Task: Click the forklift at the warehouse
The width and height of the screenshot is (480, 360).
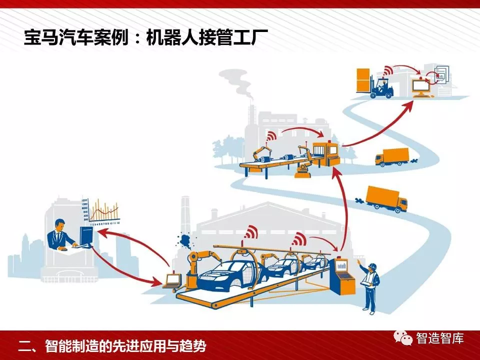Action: pyautogui.click(x=382, y=87)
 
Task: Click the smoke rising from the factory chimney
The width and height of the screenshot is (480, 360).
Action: pyautogui.click(x=240, y=82)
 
